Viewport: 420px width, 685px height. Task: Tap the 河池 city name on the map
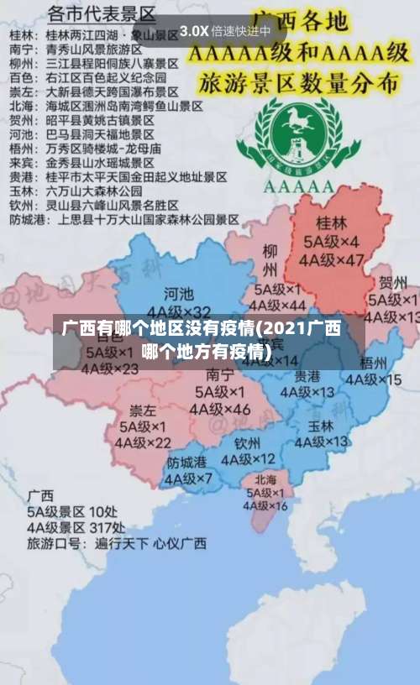pos(178,294)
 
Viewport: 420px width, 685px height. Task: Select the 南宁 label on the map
pos(220,374)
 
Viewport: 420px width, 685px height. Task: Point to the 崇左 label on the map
pos(143,410)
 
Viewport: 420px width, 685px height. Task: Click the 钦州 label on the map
pos(249,442)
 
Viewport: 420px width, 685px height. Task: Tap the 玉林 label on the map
pos(321,426)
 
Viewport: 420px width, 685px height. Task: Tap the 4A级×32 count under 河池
pos(179,312)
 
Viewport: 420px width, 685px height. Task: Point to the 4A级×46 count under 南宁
pos(220,410)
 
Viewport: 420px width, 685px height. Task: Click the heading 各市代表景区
pos(102,14)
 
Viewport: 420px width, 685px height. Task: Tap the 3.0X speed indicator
pos(194,31)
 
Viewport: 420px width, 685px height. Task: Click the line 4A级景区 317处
pos(76,526)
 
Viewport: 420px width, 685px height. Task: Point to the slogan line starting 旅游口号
pos(116,543)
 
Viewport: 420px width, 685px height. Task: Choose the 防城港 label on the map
pos(186,463)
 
